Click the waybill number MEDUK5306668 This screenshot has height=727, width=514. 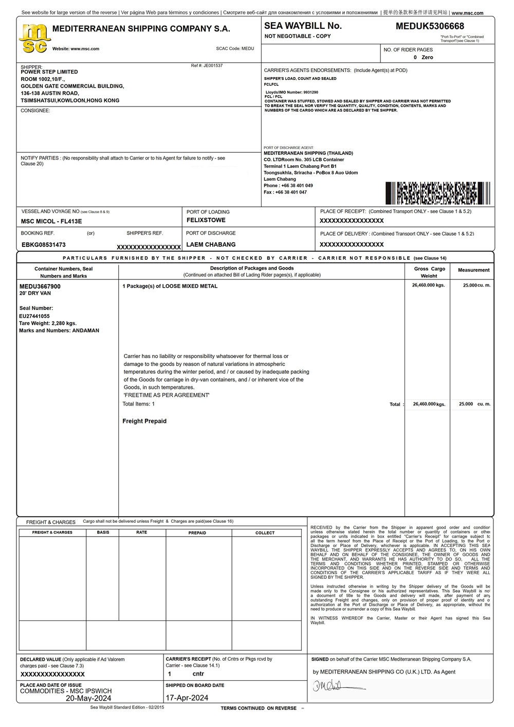[430, 26]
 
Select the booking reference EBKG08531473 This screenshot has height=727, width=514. [44, 245]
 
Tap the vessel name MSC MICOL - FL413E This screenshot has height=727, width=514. [51, 221]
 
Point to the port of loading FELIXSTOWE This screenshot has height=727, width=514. [206, 220]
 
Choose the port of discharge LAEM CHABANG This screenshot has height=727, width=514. [211, 244]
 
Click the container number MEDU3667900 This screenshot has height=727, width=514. [40, 286]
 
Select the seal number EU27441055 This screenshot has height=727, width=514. [34, 316]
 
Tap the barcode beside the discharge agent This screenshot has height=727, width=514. [437, 193]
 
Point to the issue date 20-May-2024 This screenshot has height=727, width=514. [88, 698]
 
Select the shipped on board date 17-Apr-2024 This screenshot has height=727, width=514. [187, 698]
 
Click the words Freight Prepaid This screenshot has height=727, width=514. [144, 421]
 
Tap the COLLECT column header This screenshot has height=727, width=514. [265, 533]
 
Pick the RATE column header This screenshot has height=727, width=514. [142, 533]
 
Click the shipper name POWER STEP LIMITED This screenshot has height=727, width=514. [49, 72]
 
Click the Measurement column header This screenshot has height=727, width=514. [473, 270]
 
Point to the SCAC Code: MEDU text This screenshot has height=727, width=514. [235, 48]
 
